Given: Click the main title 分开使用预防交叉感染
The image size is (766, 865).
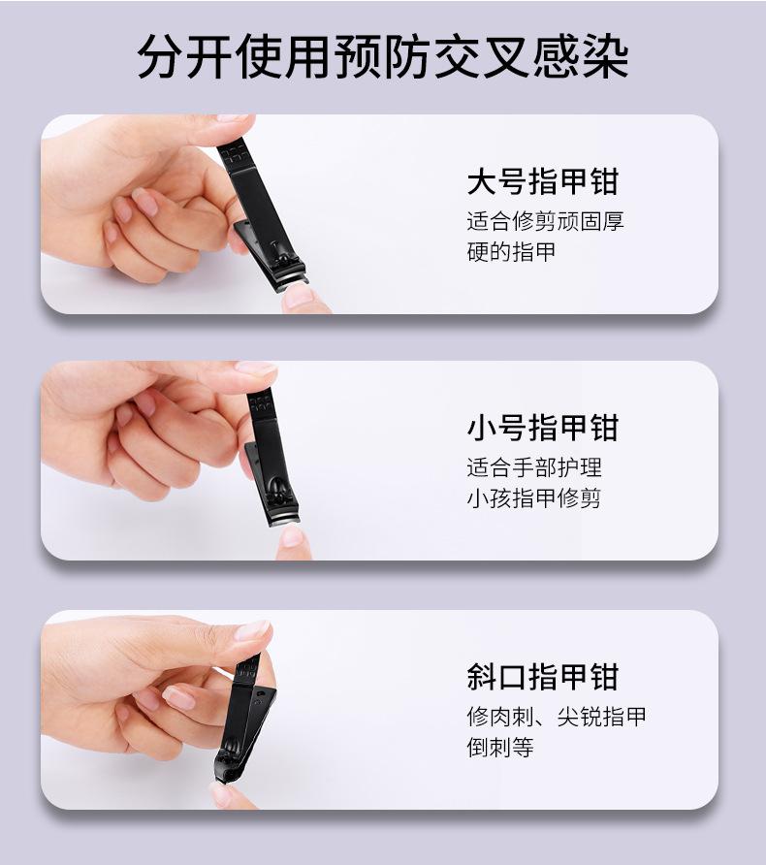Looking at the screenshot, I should tap(383, 56).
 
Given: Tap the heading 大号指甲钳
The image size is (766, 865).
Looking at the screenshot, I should tap(542, 182).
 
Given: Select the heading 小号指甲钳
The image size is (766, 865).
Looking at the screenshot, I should tap(542, 428).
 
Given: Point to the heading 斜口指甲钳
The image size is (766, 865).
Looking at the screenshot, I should tap(542, 677).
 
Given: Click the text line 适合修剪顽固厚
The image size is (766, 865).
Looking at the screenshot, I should tap(545, 221).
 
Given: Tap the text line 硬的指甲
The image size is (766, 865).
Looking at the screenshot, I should tap(511, 252).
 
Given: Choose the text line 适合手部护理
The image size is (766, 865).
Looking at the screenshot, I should tap(534, 467).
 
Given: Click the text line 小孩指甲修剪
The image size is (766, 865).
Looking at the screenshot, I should tap(534, 498).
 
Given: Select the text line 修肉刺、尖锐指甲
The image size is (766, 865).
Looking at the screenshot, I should tap(556, 717).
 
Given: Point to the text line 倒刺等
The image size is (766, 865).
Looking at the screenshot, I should tap(500, 748).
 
